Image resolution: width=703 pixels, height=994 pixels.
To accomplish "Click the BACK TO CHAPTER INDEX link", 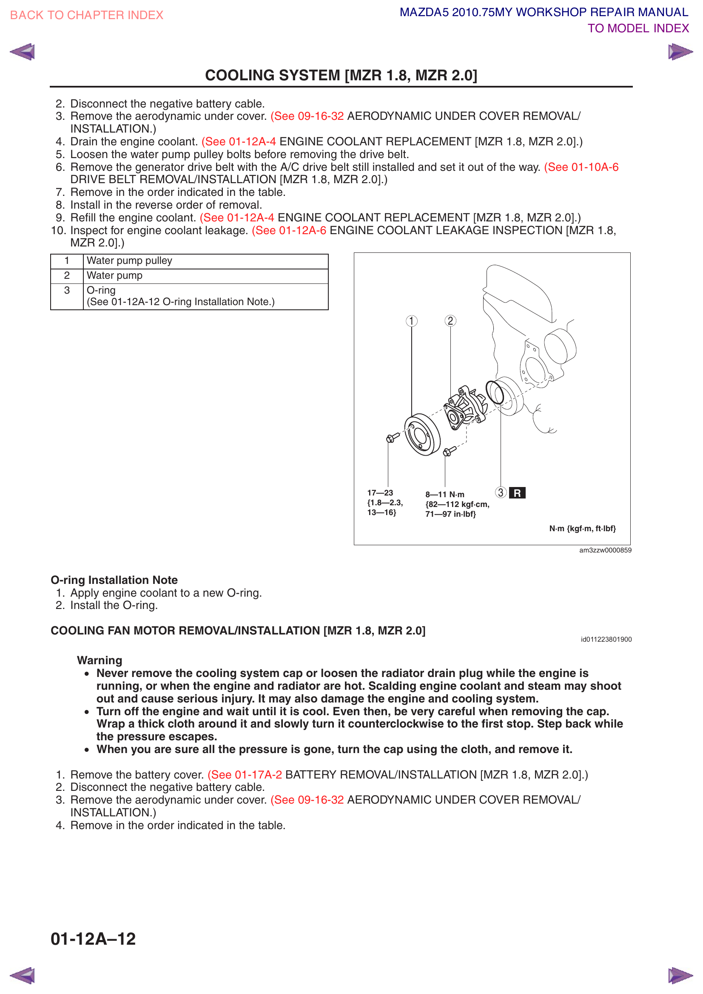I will [87, 15].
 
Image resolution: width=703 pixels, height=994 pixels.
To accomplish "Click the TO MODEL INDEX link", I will [638, 28].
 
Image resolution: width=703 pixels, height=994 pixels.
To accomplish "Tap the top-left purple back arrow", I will [23, 52].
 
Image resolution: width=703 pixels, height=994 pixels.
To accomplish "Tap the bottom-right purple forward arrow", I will [680, 975].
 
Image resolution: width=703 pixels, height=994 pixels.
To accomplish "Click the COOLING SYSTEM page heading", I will [341, 75].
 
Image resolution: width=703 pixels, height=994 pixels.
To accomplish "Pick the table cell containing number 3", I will [67, 291].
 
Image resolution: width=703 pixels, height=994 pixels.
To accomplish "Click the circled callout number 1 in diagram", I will [412, 321].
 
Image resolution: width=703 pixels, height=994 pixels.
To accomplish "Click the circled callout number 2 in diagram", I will [450, 321].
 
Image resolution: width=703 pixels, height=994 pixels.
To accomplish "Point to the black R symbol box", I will [517, 493].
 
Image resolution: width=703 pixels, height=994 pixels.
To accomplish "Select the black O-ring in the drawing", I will [495, 392].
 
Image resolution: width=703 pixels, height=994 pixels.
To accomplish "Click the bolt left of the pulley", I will [393, 438].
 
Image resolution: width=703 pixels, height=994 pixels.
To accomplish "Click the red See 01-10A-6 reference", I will [581, 167].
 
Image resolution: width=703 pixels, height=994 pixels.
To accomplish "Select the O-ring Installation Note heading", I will [114, 580].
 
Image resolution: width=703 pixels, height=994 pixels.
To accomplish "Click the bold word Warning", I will [100, 660].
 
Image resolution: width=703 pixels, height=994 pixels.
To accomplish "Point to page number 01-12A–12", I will [93, 939].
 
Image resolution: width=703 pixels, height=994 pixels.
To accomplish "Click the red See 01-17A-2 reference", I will [245, 775].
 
